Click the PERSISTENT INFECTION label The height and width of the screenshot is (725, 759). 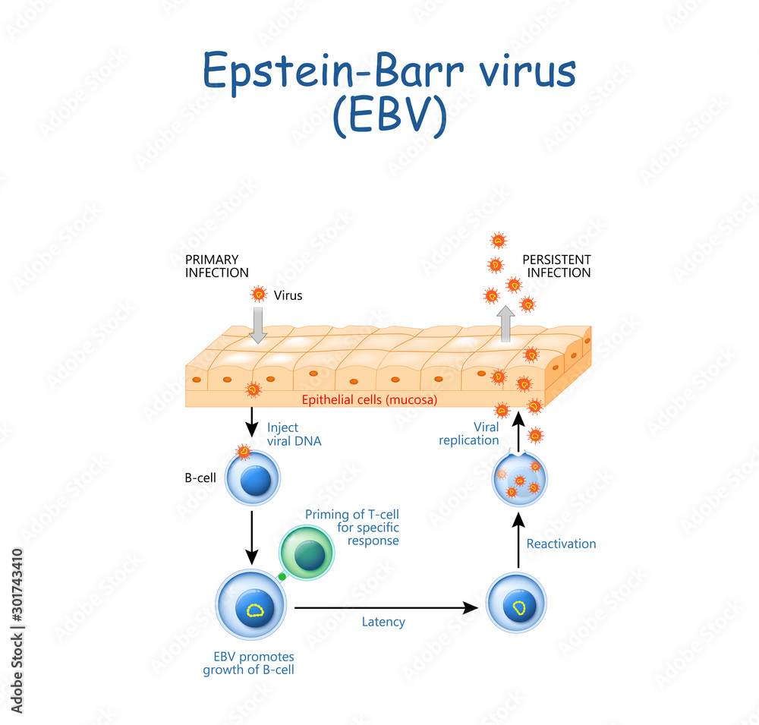[556, 266]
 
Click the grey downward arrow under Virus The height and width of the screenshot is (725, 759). [259, 327]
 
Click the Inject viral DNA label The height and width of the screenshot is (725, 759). [294, 433]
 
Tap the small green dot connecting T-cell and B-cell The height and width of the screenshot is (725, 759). [282, 577]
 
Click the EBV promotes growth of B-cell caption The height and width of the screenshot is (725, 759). [248, 663]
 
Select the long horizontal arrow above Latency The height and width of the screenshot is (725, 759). [387, 607]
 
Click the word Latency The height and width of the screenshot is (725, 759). [383, 623]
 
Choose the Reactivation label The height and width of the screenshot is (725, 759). [561, 544]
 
